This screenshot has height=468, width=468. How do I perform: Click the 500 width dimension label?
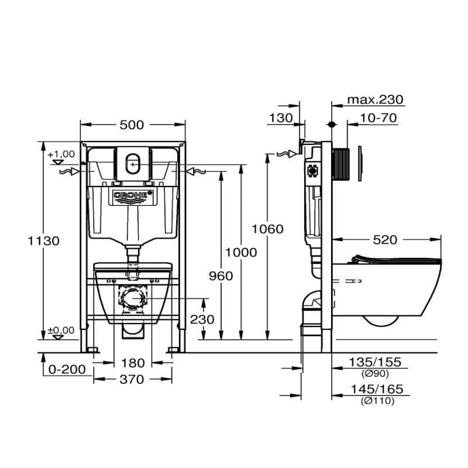click(x=132, y=125)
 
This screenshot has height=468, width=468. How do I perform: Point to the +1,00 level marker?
click(x=61, y=154)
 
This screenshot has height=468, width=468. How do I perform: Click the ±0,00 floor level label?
click(x=61, y=331)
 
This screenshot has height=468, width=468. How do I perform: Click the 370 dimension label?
click(x=132, y=380)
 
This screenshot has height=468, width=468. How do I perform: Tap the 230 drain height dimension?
click(x=202, y=320)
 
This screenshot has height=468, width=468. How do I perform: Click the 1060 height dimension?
click(x=267, y=229)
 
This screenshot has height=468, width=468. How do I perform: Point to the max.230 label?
click(x=376, y=100)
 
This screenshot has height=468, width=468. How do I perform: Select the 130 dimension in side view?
click(x=281, y=118)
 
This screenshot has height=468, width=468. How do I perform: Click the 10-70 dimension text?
click(x=378, y=118)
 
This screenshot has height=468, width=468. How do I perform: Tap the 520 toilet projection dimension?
click(x=384, y=239)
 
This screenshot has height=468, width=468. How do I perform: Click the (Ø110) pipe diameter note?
click(x=376, y=401)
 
